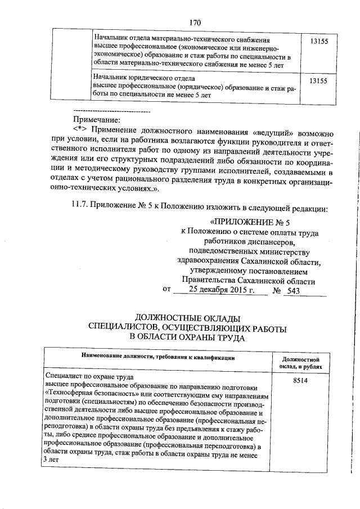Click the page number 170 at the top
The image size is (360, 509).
[x=195, y=23]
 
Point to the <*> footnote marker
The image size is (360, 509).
[x=80, y=130]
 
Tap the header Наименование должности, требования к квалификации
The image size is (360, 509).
[x=157, y=357]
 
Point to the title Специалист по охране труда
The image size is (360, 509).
[x=90, y=378]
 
